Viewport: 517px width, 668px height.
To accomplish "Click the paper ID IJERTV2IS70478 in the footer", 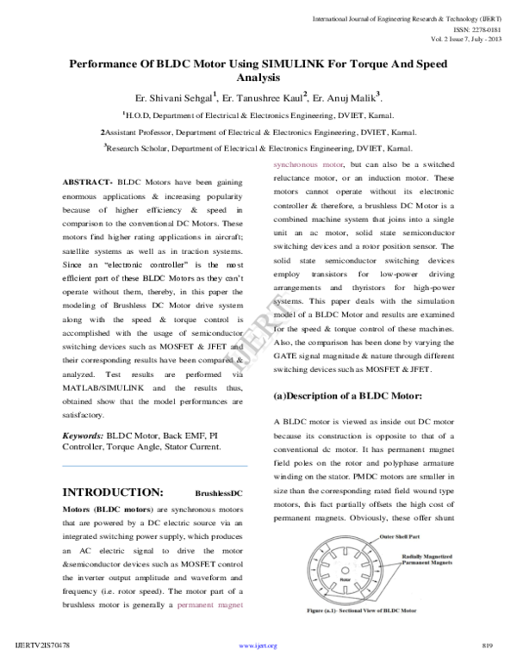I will pyautogui.click(x=43, y=646).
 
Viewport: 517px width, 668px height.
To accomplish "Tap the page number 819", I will pyautogui.click(x=487, y=646).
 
